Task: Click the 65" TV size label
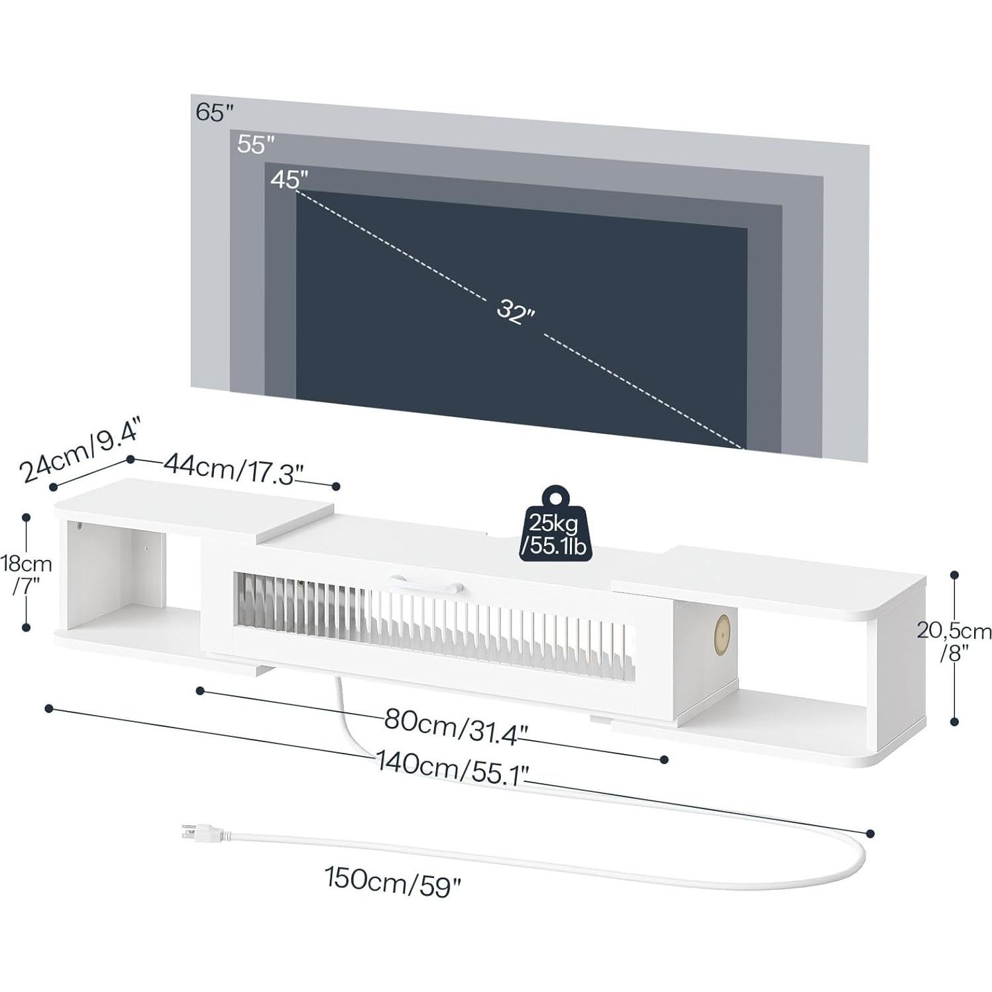[214, 112]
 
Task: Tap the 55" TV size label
[255, 144]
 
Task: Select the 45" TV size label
[290, 179]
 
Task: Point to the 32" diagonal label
[516, 311]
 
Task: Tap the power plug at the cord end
[202, 834]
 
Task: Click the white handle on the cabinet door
[427, 582]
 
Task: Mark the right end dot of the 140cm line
[870, 833]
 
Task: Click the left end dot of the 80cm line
[199, 691]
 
